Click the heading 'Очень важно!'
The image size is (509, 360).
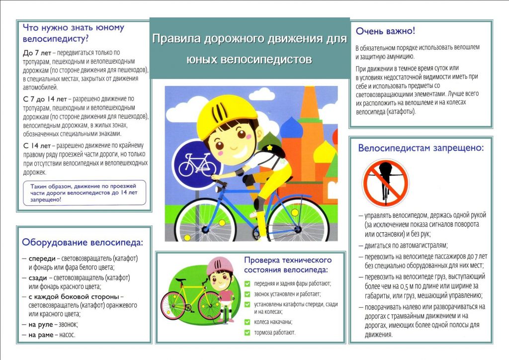[385, 31]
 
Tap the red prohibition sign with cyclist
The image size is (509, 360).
[385, 182]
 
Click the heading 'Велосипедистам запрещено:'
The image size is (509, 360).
[421, 148]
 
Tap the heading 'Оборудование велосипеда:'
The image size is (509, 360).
[82, 243]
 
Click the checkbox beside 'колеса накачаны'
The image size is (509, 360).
[247, 322]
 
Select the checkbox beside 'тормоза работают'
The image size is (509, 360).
[247, 332]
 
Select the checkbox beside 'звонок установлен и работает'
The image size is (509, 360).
[247, 294]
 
